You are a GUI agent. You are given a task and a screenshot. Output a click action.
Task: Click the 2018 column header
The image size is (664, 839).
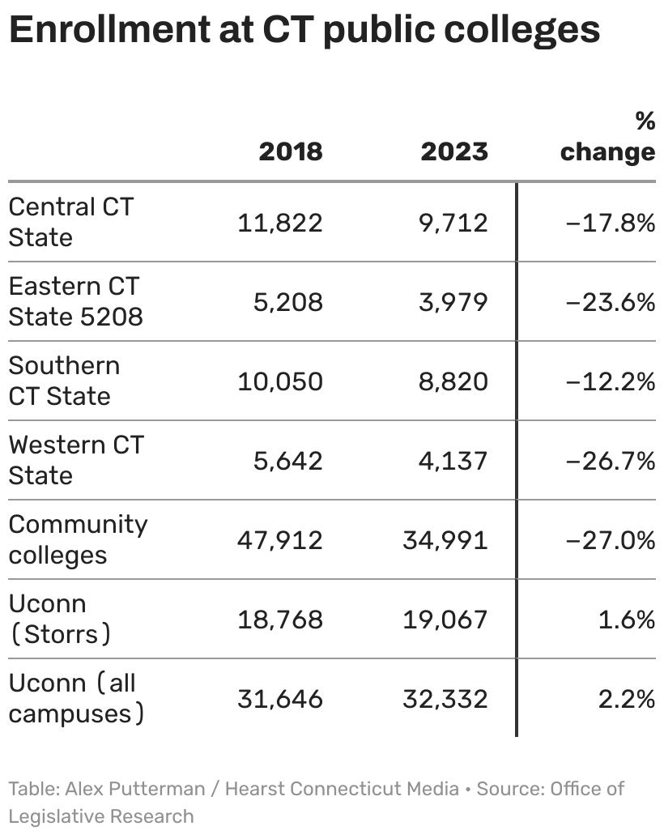coord(290,151)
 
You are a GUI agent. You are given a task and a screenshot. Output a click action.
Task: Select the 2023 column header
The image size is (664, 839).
coord(454,151)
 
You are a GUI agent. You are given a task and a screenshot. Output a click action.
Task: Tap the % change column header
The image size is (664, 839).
coord(607,138)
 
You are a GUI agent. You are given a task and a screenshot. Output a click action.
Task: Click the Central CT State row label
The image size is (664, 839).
coord(70,222)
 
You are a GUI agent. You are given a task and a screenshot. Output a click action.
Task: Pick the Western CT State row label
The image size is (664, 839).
coord(75,460)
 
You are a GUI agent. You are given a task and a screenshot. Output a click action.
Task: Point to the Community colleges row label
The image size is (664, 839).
coord(78,539)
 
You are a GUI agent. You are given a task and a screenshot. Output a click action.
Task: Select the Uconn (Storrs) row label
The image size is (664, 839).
coord(59,619)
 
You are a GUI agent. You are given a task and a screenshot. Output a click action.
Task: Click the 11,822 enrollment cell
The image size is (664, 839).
coord(279,223)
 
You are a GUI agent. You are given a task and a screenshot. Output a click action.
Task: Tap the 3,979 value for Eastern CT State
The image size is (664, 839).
coord(453,302)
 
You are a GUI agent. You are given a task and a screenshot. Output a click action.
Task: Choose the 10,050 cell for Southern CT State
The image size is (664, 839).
coord(279,381)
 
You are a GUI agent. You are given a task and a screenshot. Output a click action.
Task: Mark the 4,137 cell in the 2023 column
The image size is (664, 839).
coord(453,461)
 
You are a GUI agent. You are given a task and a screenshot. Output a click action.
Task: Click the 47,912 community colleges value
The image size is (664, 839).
coord(279,540)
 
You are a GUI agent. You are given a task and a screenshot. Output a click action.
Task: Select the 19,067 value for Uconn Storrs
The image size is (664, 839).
coord(445,620)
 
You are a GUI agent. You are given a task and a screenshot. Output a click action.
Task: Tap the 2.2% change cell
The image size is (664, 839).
coord(626,699)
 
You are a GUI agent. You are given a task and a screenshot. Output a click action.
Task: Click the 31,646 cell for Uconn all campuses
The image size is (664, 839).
coord(279,699)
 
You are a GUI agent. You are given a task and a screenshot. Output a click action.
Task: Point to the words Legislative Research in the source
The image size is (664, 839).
coord(101,816)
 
